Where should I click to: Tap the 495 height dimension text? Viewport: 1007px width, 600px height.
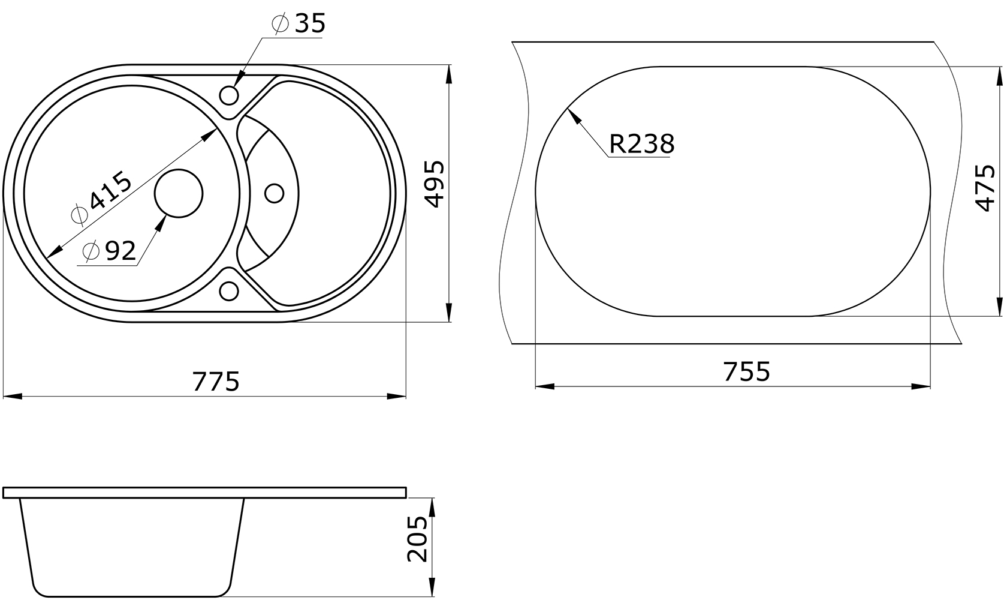tap(435, 184)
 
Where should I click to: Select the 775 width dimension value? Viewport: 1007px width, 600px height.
tap(216, 382)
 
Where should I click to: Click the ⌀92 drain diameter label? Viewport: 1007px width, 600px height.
tap(110, 251)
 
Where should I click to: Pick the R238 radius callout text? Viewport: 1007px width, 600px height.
tap(641, 143)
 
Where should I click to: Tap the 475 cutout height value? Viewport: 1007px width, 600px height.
tap(985, 188)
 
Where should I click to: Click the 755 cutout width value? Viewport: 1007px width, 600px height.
tap(747, 371)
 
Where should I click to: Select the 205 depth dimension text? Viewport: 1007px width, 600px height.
tap(417, 539)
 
